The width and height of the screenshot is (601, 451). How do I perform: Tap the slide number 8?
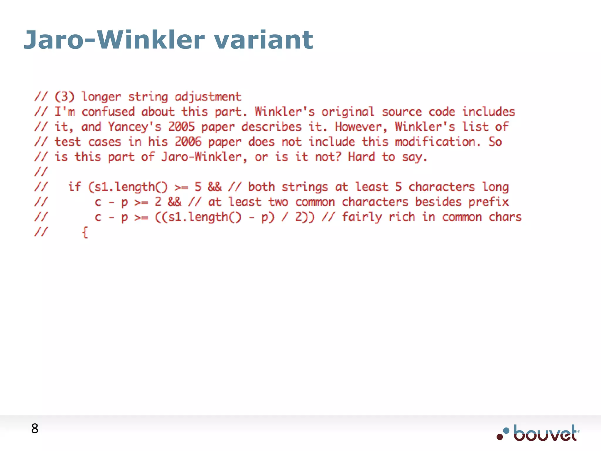[35, 429]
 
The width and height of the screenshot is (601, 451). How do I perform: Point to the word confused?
[108, 112]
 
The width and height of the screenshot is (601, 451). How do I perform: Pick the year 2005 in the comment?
[181, 127]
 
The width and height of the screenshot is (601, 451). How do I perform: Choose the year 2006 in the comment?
[188, 142]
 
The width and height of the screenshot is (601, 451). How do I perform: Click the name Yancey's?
[135, 127]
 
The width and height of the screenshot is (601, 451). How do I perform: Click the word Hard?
[362, 157]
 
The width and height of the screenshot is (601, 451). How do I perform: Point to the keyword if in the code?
[75, 187]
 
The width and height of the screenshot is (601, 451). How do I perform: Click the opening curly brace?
[85, 232]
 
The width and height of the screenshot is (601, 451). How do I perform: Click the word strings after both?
[305, 187]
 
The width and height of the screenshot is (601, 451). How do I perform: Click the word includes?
[488, 112]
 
